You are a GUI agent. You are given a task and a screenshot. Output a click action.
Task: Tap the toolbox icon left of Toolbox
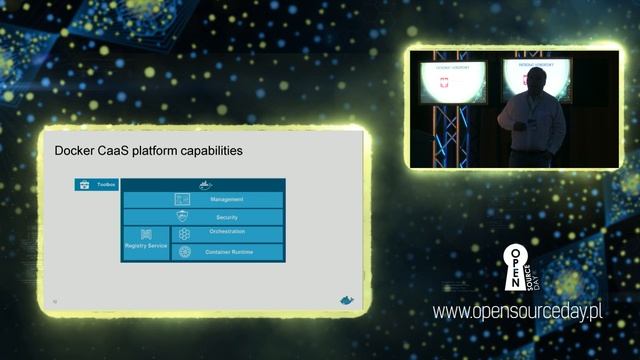click(84, 185)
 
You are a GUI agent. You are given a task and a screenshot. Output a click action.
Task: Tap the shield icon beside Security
click(182, 216)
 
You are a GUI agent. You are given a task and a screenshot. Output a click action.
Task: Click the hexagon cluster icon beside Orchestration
click(185, 233)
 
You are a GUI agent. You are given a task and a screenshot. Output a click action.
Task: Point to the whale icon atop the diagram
click(204, 185)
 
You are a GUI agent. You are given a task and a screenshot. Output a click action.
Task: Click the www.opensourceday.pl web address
click(517, 312)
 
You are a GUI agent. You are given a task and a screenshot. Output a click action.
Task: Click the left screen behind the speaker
click(453, 81)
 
